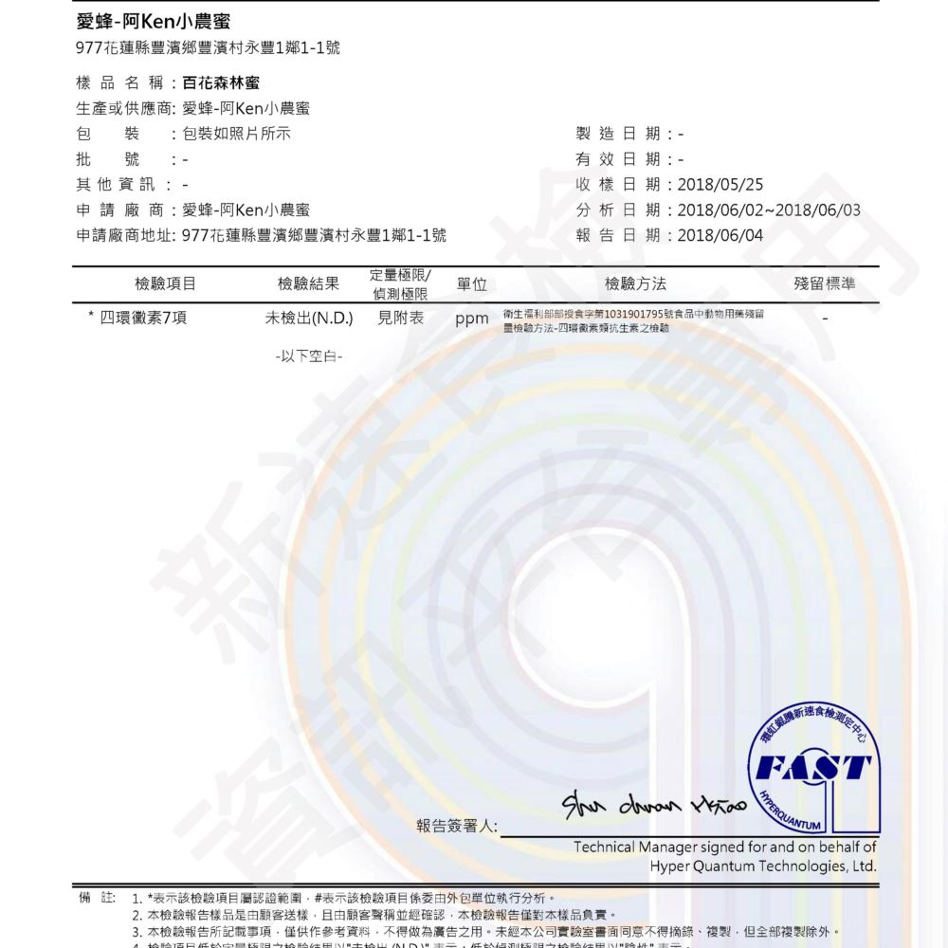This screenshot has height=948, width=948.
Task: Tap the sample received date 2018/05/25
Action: [720, 185]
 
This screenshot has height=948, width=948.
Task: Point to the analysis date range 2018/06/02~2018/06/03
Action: [769, 210]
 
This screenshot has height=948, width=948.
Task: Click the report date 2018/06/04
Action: [720, 235]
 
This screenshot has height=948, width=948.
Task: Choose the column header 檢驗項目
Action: [166, 283]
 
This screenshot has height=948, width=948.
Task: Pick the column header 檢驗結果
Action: [308, 283]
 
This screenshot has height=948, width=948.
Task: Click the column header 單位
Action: [471, 283]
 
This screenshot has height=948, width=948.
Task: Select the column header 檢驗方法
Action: [635, 283]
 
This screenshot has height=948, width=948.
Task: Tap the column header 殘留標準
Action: [825, 283]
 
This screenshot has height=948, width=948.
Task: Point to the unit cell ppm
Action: [471, 319]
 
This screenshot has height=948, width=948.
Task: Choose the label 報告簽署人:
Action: [457, 826]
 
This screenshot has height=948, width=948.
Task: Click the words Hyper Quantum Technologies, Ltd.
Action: [762, 866]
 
